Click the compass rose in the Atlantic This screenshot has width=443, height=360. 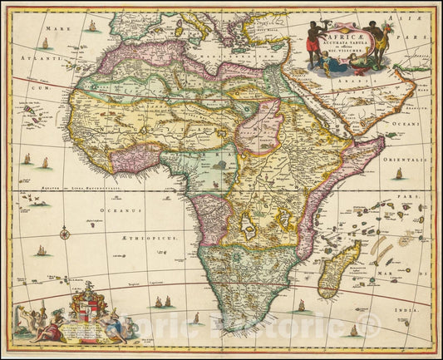(x=64, y=233)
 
